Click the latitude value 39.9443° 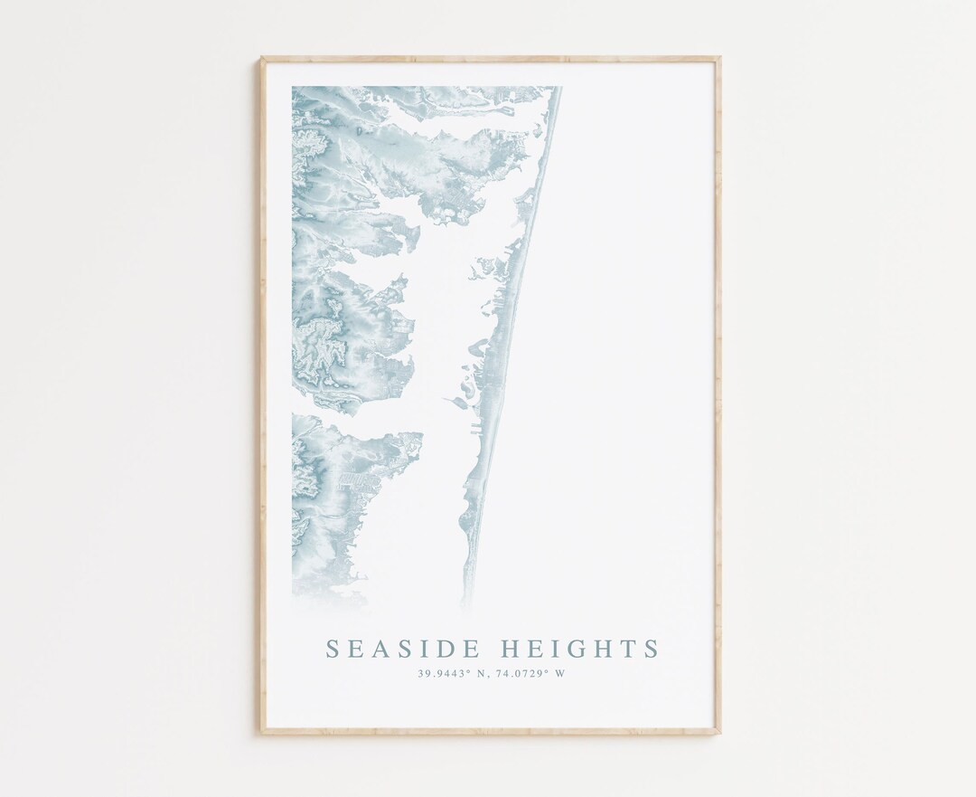tap(443, 673)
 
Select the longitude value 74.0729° tap(521, 673)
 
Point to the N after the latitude tap(482, 673)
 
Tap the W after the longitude tap(560, 673)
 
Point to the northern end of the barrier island tap(557, 90)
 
